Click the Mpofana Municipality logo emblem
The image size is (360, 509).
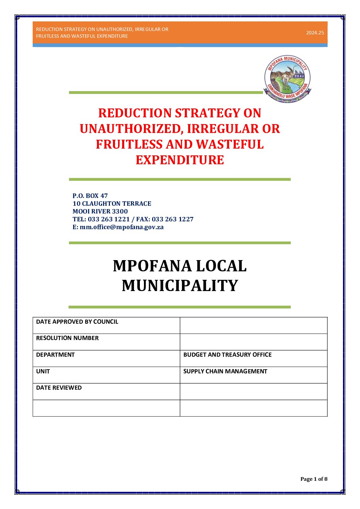point(288,79)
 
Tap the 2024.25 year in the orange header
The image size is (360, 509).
point(315,33)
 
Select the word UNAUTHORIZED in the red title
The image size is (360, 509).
point(131,129)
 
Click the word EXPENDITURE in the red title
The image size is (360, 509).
point(180,160)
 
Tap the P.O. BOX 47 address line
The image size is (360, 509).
point(90,196)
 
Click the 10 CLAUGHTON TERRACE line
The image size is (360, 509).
point(112,204)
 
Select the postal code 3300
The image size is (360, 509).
point(120,211)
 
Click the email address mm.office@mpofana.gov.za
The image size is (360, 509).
point(121,227)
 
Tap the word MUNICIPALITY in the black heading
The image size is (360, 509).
point(180,286)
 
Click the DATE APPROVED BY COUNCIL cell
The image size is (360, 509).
point(77,322)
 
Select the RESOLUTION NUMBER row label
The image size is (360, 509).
point(67,338)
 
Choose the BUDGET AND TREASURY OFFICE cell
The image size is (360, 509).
point(227,355)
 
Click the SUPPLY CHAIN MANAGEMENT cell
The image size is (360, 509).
point(225,371)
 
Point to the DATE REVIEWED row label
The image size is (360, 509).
point(59,388)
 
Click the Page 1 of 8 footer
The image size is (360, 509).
point(314,479)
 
